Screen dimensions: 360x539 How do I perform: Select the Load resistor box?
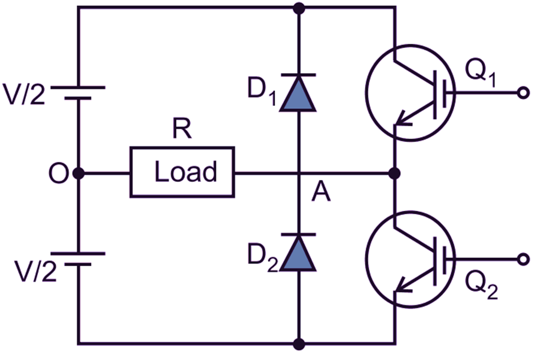pyautogui.click(x=183, y=172)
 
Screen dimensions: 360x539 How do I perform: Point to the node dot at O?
pyautogui.click(x=78, y=172)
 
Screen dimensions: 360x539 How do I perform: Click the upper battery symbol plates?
pyautogui.click(x=78, y=92)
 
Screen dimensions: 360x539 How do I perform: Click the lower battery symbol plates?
pyautogui.click(x=78, y=259)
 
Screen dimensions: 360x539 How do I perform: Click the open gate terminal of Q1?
pyautogui.click(x=521, y=92)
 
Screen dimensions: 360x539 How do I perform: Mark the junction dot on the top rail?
pyautogui.click(x=299, y=8)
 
